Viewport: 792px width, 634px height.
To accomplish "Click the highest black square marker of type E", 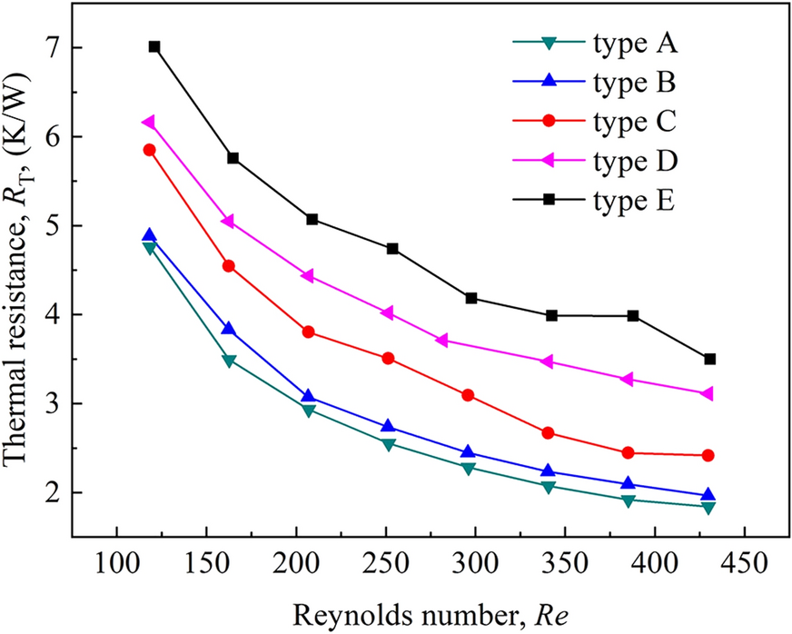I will (154, 46).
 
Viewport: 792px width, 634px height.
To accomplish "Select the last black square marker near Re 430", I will (710, 359).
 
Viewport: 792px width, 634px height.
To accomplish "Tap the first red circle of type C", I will (149, 150).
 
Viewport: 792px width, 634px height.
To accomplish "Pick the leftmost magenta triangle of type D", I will (148, 122).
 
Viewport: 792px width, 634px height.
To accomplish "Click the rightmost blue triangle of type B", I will (708, 495).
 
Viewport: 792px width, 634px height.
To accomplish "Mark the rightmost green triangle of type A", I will (708, 507).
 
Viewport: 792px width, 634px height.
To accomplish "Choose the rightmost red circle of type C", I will (708, 455).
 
